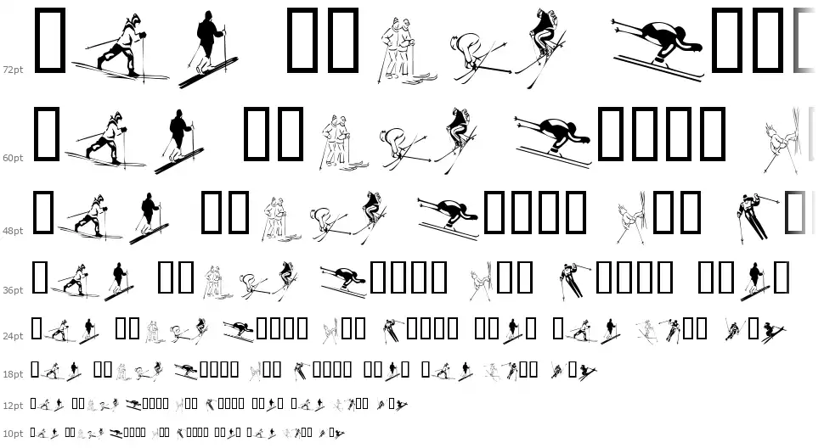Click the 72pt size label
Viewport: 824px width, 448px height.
pos(13,70)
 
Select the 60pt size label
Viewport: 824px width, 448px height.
pos(13,158)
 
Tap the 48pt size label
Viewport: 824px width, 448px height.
pos(13,231)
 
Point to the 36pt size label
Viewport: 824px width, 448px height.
pos(13,290)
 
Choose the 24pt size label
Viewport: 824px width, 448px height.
pos(13,336)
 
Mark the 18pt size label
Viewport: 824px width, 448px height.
pos(13,374)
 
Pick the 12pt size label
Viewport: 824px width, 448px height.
pos(13,406)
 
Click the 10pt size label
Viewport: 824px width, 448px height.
pos(13,434)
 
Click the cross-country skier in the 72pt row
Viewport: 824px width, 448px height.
pos(121,48)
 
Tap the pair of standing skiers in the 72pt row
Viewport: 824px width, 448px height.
pos(404,52)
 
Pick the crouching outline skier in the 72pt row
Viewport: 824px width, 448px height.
pos(478,57)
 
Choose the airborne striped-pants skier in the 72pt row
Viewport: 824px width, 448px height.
pos(542,48)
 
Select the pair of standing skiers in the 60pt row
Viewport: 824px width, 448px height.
pos(342,143)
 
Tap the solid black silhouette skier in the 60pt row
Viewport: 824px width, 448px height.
pos(180,141)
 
